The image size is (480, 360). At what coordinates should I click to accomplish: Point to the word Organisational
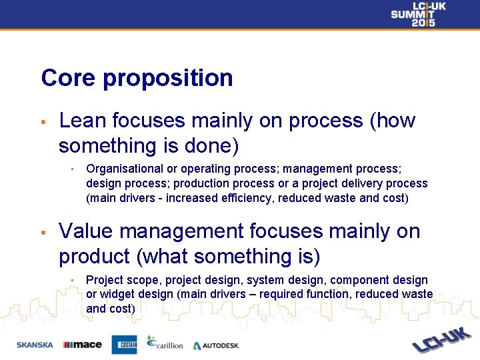click(123, 169)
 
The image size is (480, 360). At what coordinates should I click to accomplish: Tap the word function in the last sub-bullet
click(331, 295)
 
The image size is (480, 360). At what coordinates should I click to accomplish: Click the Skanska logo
click(35, 345)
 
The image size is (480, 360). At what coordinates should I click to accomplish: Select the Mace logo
click(82, 345)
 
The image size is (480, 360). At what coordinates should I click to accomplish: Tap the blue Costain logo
click(124, 344)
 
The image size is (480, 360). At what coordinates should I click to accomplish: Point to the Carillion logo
click(165, 343)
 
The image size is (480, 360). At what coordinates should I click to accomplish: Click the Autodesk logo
click(216, 345)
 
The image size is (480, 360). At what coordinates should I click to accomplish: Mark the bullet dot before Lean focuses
click(42, 123)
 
